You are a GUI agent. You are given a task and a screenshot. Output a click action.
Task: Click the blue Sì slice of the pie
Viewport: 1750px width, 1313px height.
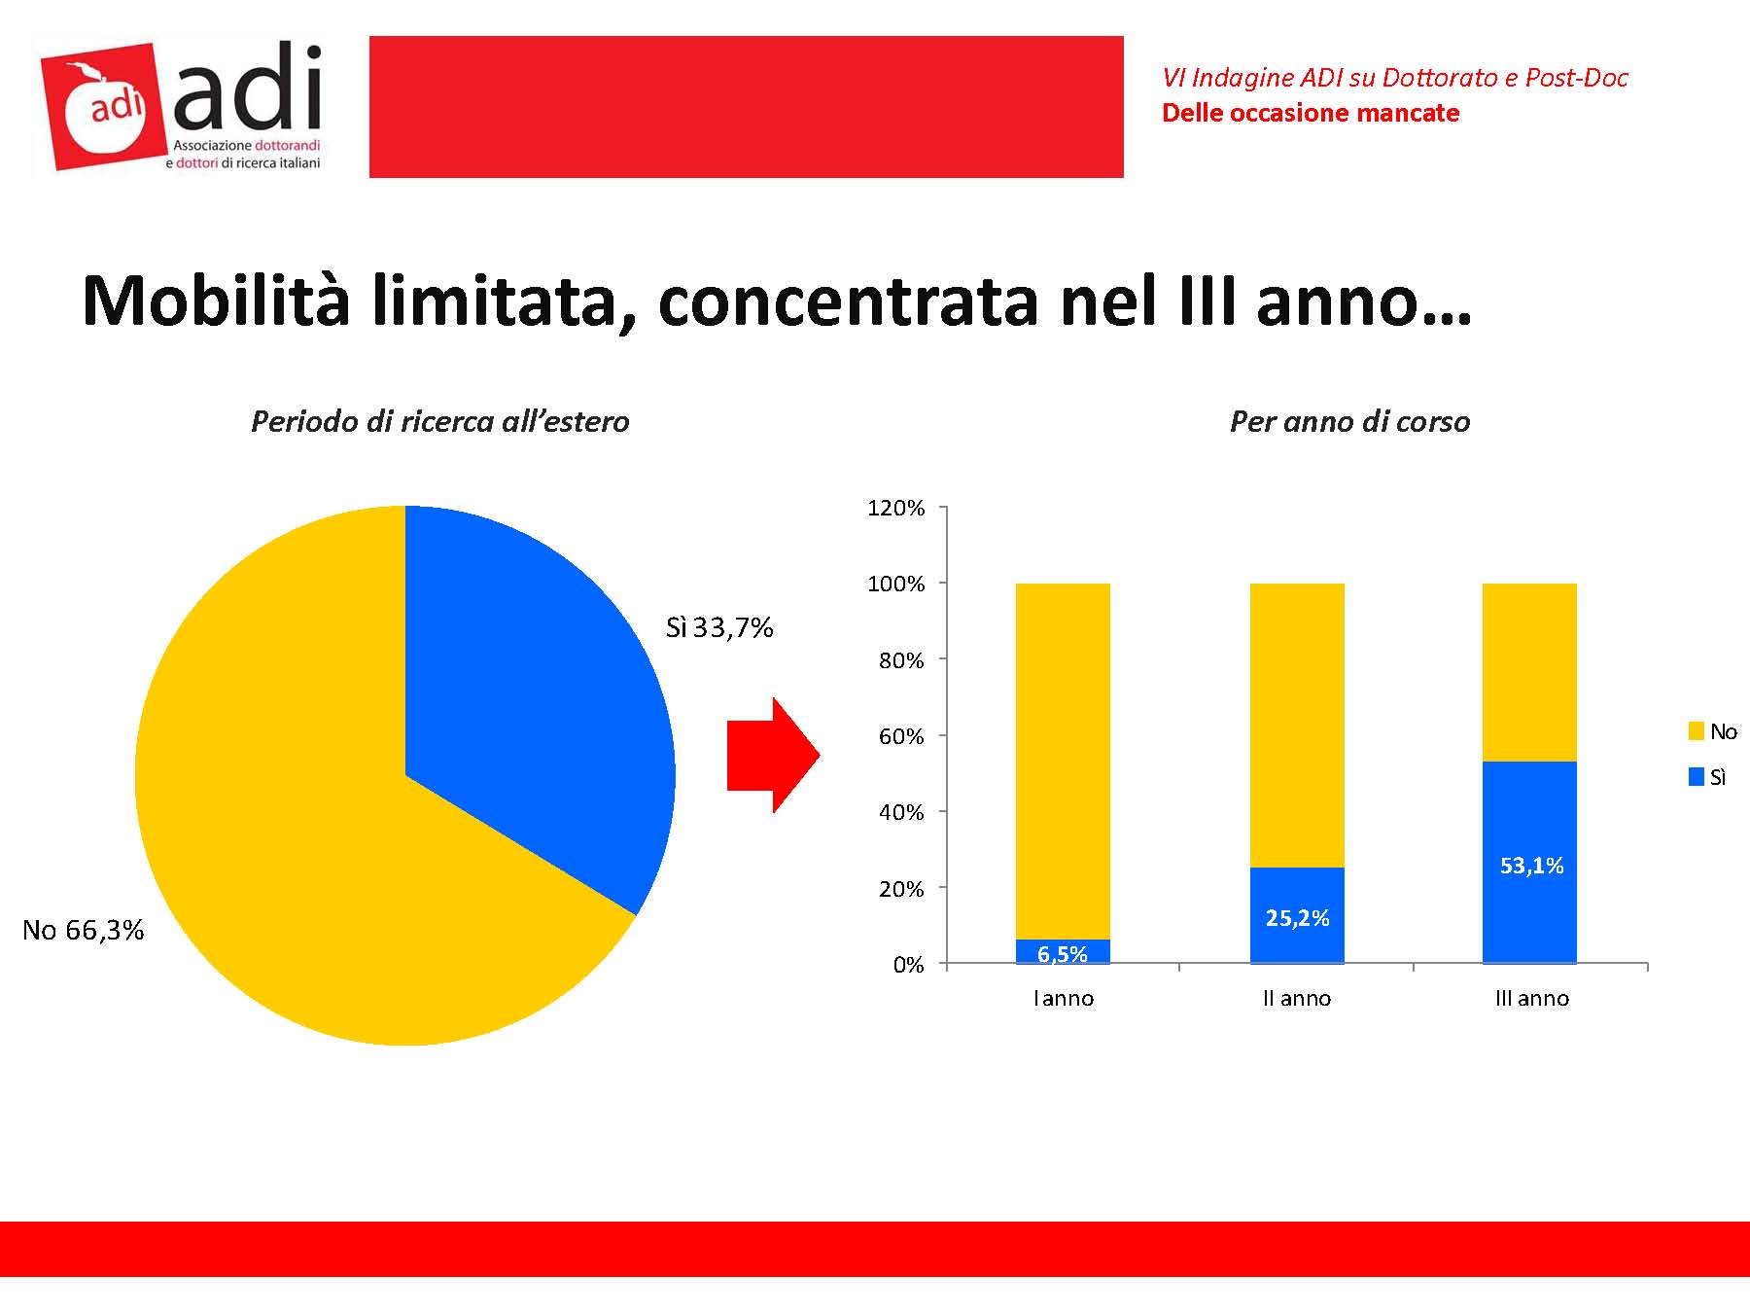(525, 700)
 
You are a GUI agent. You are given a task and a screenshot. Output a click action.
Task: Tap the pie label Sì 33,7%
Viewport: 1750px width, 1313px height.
(719, 628)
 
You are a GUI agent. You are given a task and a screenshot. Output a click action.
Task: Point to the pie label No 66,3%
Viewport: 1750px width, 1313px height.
(84, 931)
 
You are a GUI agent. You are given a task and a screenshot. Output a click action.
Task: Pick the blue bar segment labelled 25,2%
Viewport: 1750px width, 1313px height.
(1297, 916)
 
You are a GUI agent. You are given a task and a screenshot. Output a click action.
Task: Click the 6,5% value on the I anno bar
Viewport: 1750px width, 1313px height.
(1063, 954)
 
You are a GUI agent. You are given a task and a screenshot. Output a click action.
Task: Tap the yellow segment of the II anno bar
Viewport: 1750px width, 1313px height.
(1297, 725)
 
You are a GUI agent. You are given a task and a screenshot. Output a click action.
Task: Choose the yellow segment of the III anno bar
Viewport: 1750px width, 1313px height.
(1529, 671)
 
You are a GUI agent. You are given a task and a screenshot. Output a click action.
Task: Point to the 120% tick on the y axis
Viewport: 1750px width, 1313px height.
(895, 508)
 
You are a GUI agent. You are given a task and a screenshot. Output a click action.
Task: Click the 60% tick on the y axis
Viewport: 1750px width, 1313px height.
(900, 736)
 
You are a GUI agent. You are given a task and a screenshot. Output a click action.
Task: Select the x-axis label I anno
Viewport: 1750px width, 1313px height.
(1063, 999)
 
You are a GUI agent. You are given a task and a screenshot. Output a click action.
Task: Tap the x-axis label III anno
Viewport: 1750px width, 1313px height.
(1531, 999)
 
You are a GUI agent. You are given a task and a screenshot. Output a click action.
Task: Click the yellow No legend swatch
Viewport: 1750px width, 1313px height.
(1697, 731)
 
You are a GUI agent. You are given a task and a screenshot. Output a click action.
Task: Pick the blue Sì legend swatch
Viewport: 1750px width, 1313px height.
(1697, 777)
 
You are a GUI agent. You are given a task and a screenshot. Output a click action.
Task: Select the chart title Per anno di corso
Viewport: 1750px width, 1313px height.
(1349, 422)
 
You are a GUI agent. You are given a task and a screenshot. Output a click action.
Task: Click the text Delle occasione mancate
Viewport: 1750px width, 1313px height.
(1311, 114)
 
